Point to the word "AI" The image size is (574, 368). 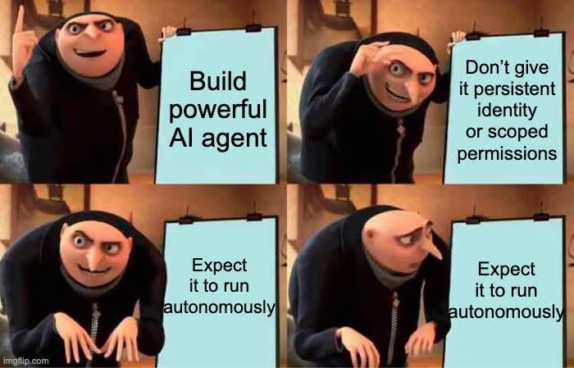pyautogui.click(x=184, y=137)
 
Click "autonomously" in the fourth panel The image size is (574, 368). pyautogui.click(x=505, y=311)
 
